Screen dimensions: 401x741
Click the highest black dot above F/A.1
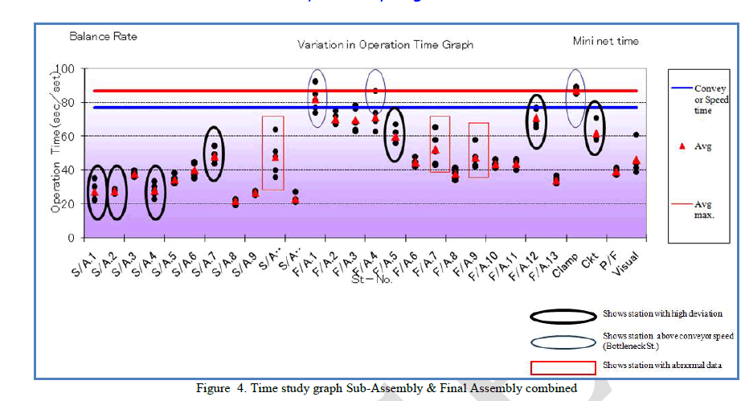(315, 81)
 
